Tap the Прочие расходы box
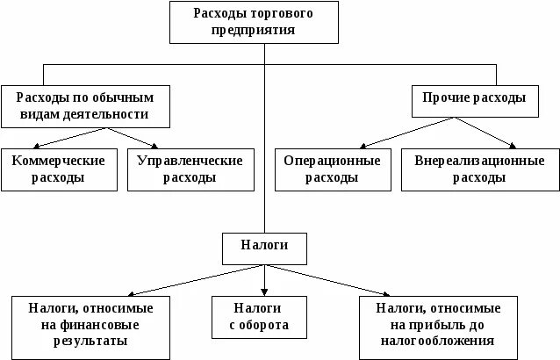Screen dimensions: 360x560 pyautogui.click(x=475, y=98)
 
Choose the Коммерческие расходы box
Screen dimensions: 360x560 pyautogui.click(x=58, y=169)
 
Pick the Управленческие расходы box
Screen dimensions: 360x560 pyautogui.click(x=190, y=169)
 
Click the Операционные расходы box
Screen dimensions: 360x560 pyautogui.click(x=332, y=169)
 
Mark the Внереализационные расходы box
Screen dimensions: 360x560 pyautogui.click(x=479, y=169)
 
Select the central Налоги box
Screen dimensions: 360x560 pyautogui.click(x=264, y=248)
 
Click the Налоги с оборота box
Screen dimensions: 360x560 pyautogui.click(x=260, y=317)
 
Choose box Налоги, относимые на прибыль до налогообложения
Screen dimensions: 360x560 pyautogui.click(x=438, y=325)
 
